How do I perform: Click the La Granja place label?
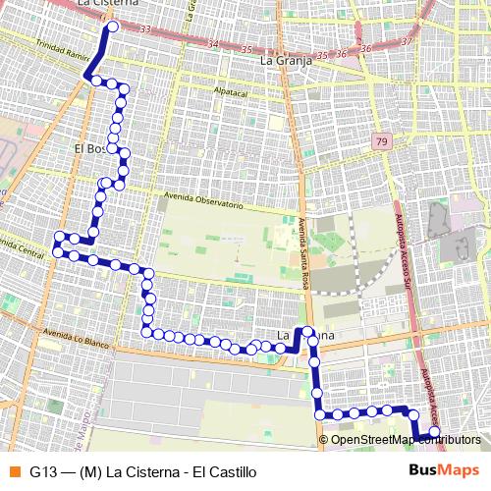[286, 60]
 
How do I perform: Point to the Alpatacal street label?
[234, 90]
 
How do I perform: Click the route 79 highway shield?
[381, 143]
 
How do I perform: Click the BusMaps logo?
[443, 470]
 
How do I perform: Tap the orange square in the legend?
[13, 471]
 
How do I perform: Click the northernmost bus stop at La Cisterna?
[111, 27]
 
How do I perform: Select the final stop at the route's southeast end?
[435, 431]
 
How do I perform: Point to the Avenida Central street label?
[22, 249]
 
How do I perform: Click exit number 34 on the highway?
[212, 43]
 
